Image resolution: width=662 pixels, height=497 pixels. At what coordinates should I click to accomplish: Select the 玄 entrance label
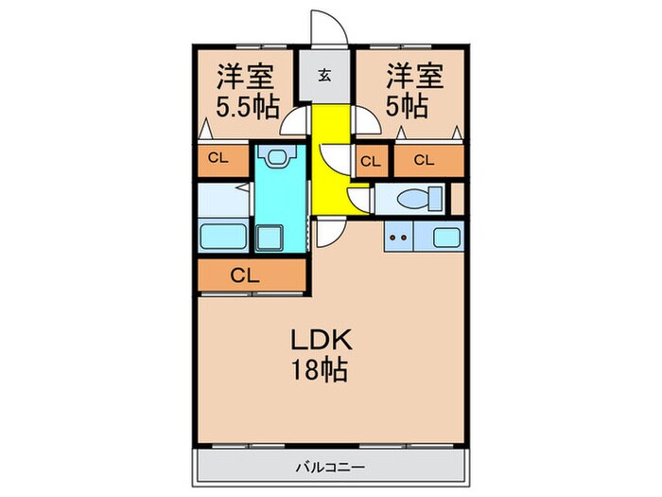point(324,77)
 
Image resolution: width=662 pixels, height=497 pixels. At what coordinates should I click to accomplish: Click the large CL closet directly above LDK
point(245,275)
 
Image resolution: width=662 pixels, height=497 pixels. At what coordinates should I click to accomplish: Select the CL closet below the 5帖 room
point(425,160)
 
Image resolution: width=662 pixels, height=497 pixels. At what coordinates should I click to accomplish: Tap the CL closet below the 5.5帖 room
point(219,159)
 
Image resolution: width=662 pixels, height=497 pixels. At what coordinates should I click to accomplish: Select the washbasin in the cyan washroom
point(277,156)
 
